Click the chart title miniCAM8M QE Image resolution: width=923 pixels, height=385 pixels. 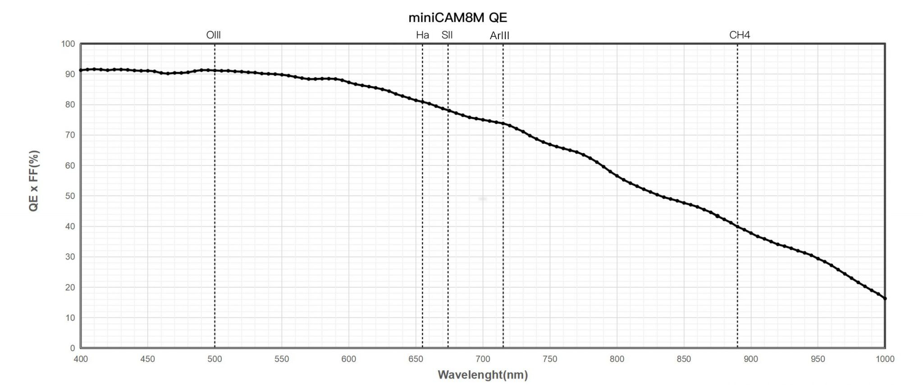[457, 18]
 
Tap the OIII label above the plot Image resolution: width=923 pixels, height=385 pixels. [213, 35]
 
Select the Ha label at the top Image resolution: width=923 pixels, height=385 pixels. [422, 35]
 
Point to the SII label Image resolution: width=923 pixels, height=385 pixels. [447, 35]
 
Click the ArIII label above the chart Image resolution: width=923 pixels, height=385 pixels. [499, 36]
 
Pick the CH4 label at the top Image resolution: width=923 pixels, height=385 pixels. [740, 35]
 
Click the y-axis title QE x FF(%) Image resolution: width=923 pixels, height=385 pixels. [34, 181]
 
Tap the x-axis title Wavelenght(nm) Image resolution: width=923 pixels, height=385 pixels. [483, 375]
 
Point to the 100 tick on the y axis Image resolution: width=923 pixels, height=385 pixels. [68, 44]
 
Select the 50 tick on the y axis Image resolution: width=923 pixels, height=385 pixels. [70, 196]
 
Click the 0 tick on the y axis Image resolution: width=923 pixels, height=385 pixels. [72, 348]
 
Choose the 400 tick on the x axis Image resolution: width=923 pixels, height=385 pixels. [81, 359]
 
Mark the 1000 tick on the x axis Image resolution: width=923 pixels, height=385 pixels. [885, 359]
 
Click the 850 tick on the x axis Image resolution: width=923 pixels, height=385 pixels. [684, 359]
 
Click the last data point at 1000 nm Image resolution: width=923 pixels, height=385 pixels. [885, 298]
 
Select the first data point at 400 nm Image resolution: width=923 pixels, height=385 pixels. [81, 70]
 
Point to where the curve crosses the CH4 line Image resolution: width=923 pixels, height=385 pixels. [737, 227]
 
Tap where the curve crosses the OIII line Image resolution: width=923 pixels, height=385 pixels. [215, 70]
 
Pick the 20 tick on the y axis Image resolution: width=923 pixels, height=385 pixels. [70, 287]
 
